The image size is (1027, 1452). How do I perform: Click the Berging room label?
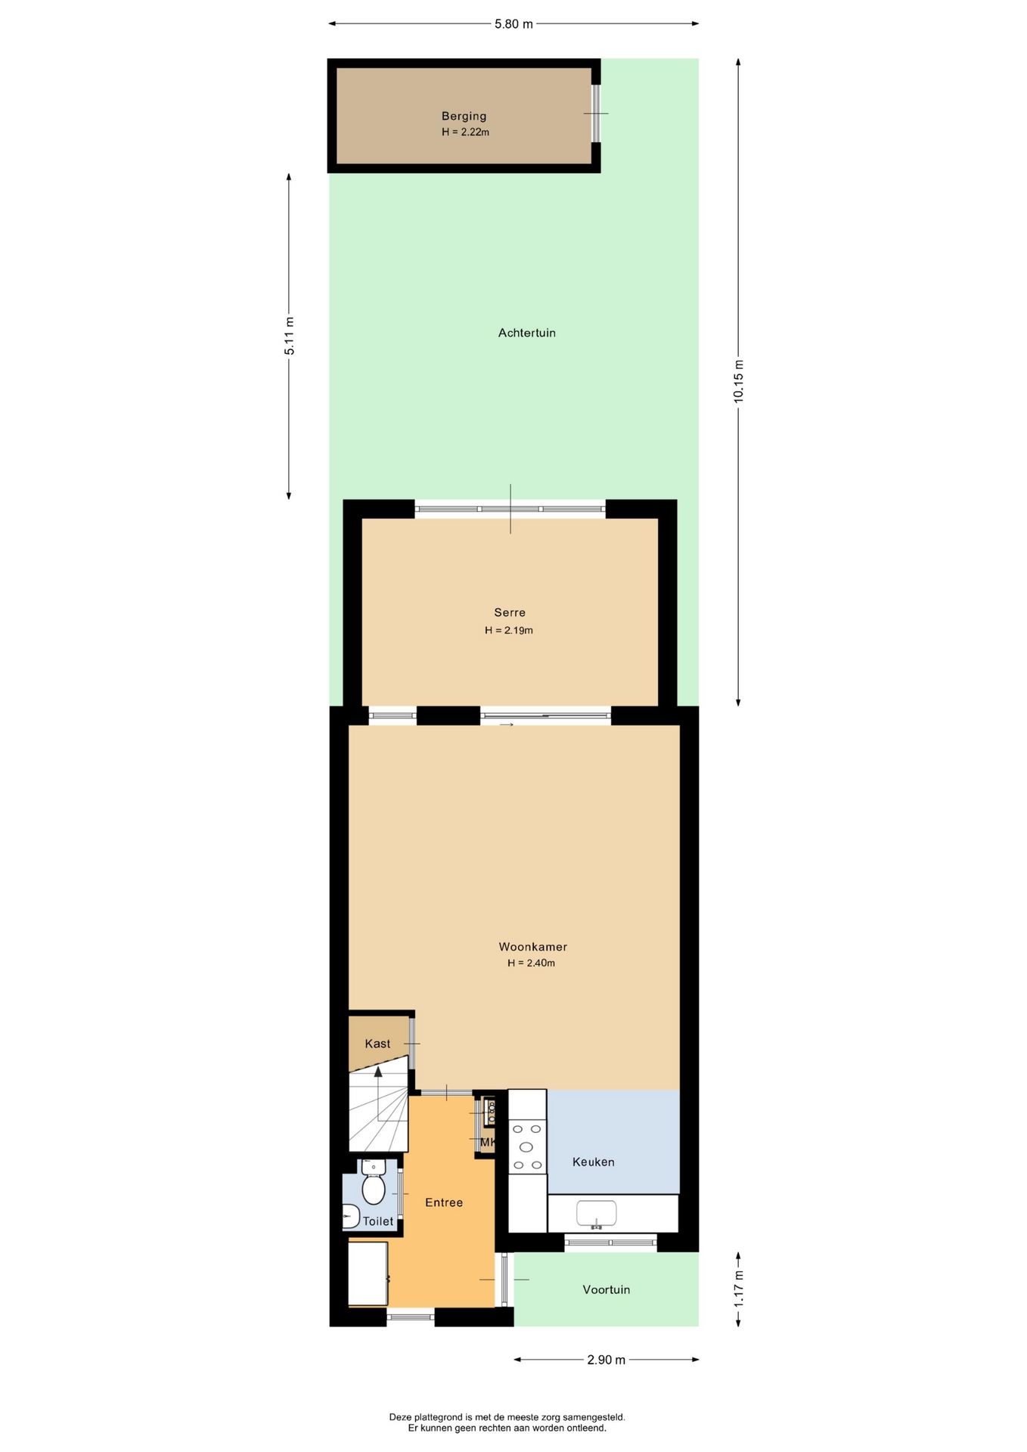coord(464,116)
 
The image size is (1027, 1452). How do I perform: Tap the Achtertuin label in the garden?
coord(527,333)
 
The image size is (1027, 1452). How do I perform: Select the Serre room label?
coord(510,613)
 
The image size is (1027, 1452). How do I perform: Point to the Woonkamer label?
coord(532,947)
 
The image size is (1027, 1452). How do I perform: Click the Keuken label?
coord(593,1162)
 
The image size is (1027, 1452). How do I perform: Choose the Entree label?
coord(444,1202)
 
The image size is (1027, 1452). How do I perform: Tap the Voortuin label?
coord(606,1289)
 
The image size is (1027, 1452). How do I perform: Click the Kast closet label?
coord(377,1044)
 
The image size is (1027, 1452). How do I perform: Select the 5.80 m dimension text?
coord(513,23)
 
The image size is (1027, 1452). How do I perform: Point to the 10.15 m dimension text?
coord(739,381)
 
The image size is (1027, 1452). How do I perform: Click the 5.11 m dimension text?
coord(289,336)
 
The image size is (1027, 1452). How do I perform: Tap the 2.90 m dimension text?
coord(607,1360)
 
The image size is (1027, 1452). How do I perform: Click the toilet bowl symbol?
coord(374,1183)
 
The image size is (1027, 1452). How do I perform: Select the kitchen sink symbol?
coord(596,1214)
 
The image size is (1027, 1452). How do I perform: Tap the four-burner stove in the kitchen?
coord(527,1147)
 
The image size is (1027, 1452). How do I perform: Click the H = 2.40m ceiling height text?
coord(531,963)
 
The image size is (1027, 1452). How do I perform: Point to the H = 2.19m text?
coord(509,630)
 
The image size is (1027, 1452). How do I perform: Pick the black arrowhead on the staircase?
coord(378,1071)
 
